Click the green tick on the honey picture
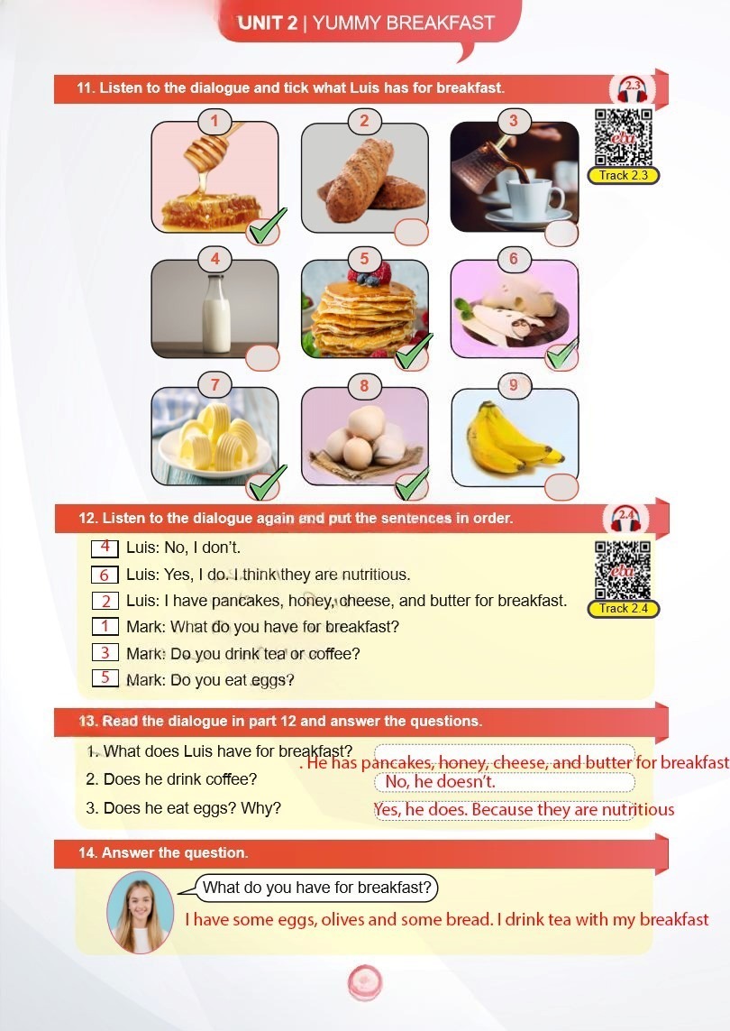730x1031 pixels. [x=266, y=226]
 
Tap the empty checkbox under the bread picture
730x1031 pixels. [x=411, y=232]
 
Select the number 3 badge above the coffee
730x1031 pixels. [x=513, y=121]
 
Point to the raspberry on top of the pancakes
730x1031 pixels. [x=382, y=271]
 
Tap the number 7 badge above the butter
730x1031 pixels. [x=214, y=384]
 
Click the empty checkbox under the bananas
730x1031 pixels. [x=561, y=487]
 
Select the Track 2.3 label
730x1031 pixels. [x=623, y=176]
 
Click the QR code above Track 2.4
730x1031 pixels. [x=623, y=570]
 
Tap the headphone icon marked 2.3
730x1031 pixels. [x=632, y=88]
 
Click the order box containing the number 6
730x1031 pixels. [x=105, y=575]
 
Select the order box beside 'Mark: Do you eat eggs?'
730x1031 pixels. [x=105, y=677]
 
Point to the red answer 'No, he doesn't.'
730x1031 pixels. [x=440, y=781]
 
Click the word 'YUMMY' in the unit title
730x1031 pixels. [x=346, y=23]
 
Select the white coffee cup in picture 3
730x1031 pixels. [x=533, y=198]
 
